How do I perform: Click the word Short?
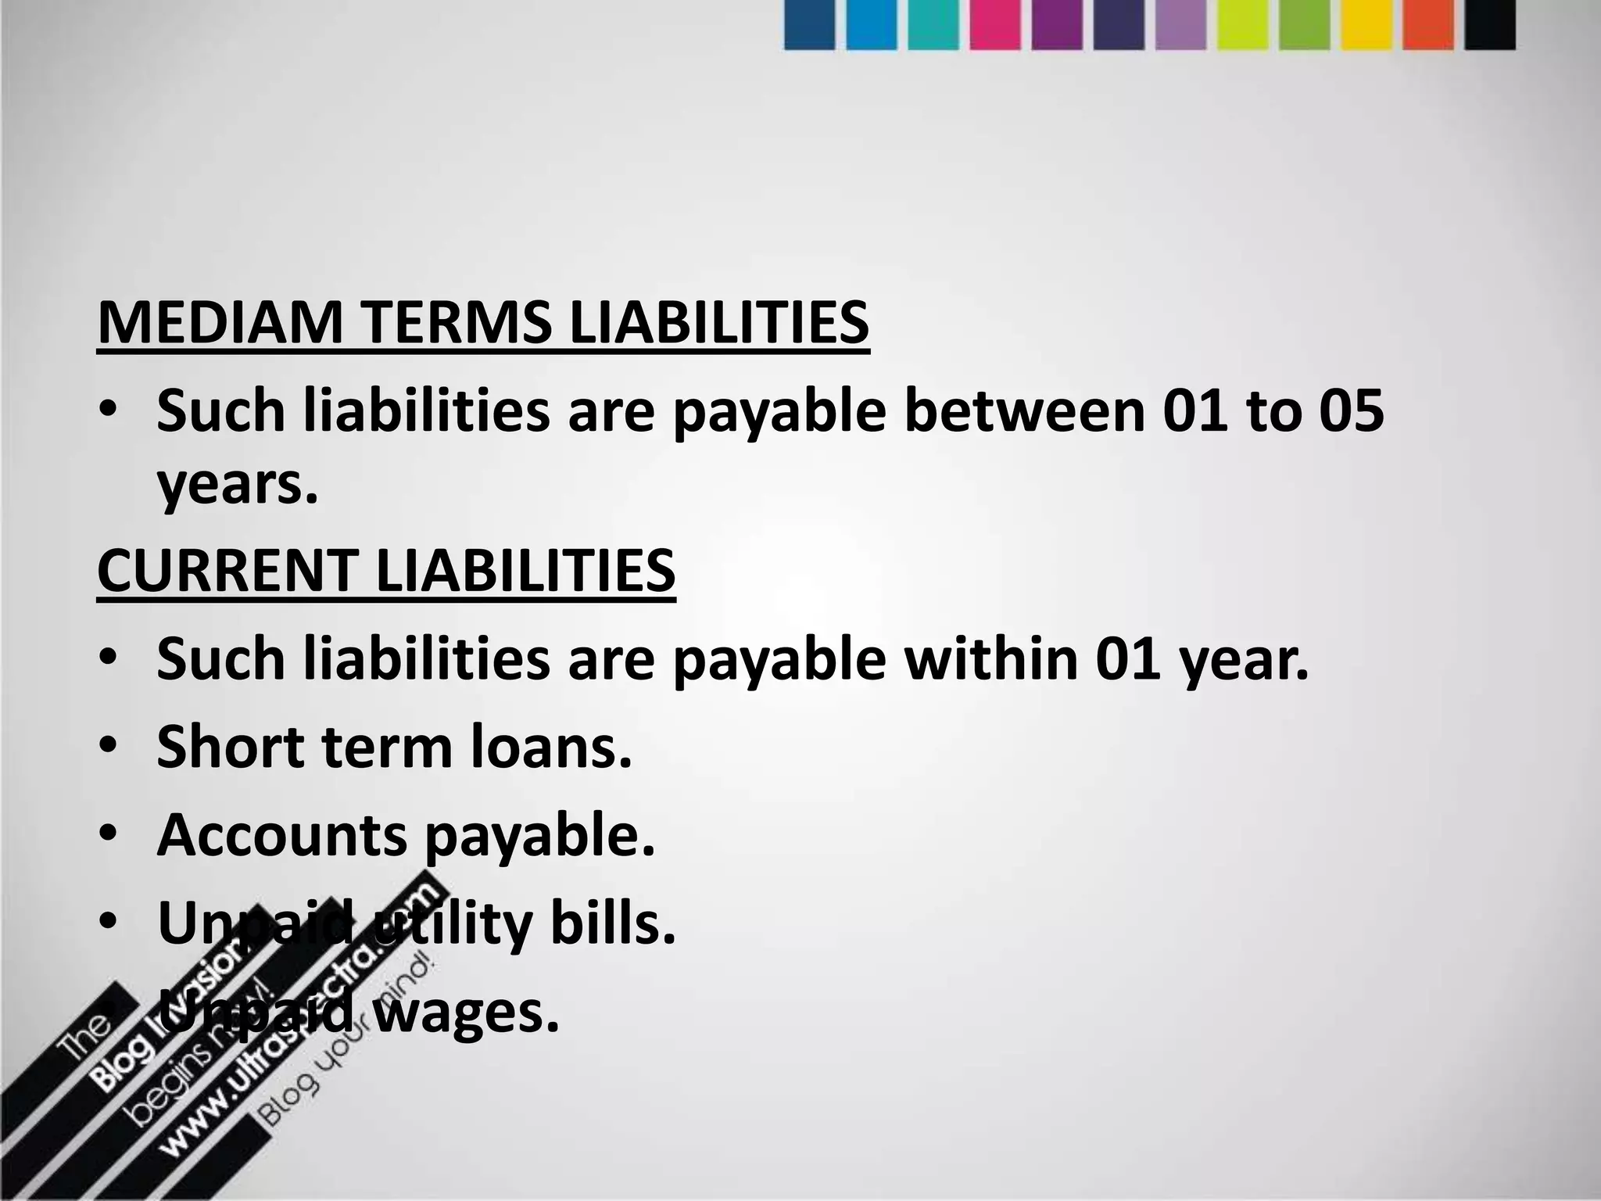pyautogui.click(x=227, y=746)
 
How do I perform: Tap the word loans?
pyautogui.click(x=551, y=746)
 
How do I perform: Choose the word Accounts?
pyautogui.click(x=282, y=834)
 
